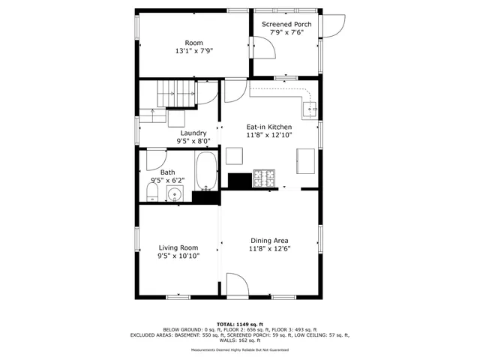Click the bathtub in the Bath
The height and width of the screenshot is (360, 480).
[206, 172]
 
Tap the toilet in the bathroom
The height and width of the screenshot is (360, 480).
[151, 195]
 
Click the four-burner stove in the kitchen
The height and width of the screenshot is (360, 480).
[264, 178]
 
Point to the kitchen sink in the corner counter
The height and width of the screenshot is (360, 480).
[310, 109]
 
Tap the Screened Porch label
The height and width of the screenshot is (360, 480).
[286, 24]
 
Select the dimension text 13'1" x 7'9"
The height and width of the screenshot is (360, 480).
[193, 51]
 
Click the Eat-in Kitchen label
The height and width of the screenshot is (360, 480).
[268, 127]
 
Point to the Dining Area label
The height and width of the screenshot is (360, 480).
[269, 240]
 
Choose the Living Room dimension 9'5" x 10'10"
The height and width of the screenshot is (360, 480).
[178, 256]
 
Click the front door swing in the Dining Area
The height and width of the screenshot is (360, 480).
[236, 285]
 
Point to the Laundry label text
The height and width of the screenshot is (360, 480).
[193, 133]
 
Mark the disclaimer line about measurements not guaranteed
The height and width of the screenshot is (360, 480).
[239, 349]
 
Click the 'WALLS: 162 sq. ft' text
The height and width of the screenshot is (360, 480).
[239, 340]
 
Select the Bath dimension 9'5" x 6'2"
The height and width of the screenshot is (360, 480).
[167, 180]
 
